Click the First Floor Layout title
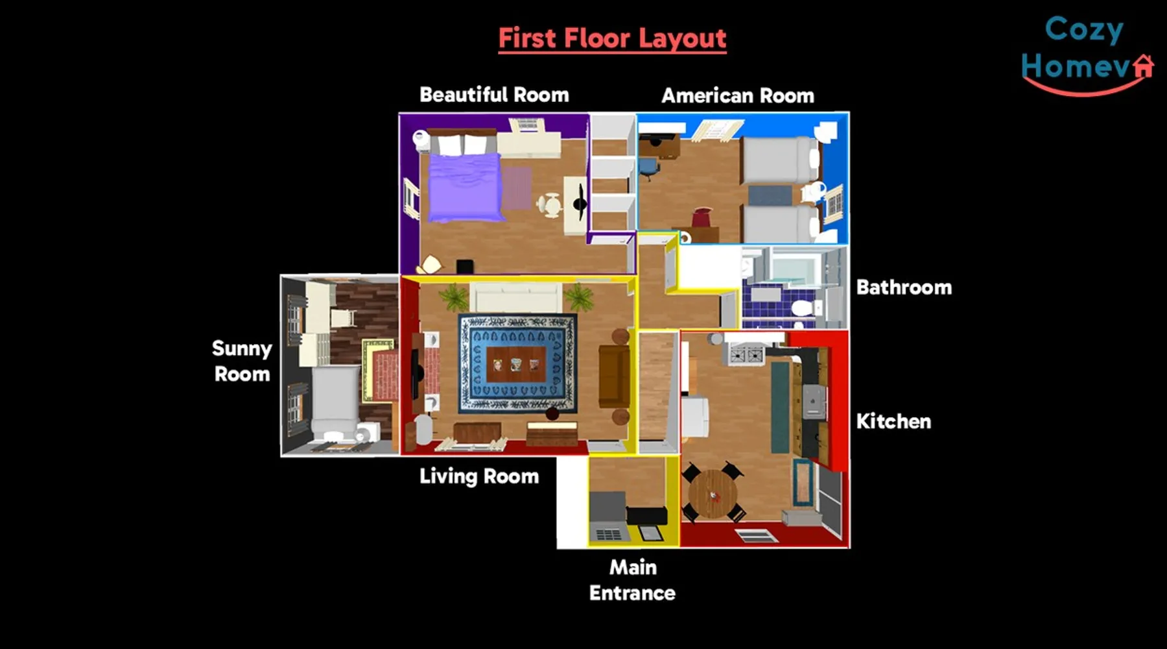pos(612,38)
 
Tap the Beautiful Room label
pos(494,95)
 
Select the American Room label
pos(738,96)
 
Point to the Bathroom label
pos(904,288)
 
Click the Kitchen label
pos(893,421)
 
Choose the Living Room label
pos(479,476)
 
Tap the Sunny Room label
pos(242,361)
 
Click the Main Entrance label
pos(632,580)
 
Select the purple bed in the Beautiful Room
pos(466,187)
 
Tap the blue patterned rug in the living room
pos(517,363)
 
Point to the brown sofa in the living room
pos(613,376)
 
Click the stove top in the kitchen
pos(747,355)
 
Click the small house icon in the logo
pos(1143,66)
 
